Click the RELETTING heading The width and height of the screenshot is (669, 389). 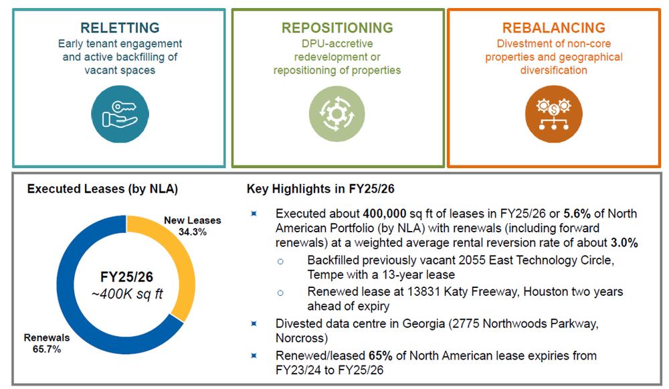pyautogui.click(x=120, y=27)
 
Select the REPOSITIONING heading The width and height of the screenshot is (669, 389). pyautogui.click(x=337, y=27)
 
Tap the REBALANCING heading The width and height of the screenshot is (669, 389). pyautogui.click(x=554, y=27)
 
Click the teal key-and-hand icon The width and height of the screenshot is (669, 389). pyautogui.click(x=120, y=114)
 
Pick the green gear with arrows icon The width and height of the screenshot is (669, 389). pyautogui.click(x=337, y=114)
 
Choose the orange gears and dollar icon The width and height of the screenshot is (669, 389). pyautogui.click(x=554, y=114)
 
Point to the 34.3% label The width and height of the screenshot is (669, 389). pyautogui.click(x=193, y=232)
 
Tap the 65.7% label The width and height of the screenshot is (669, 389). pyautogui.click(x=47, y=349)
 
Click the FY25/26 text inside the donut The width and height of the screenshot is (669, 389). pyautogui.click(x=126, y=277)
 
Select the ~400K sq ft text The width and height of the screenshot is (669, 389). pyautogui.click(x=126, y=294)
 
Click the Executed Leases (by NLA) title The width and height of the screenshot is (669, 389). pyautogui.click(x=102, y=189)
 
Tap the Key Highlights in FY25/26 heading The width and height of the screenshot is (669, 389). pyautogui.click(x=320, y=189)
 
